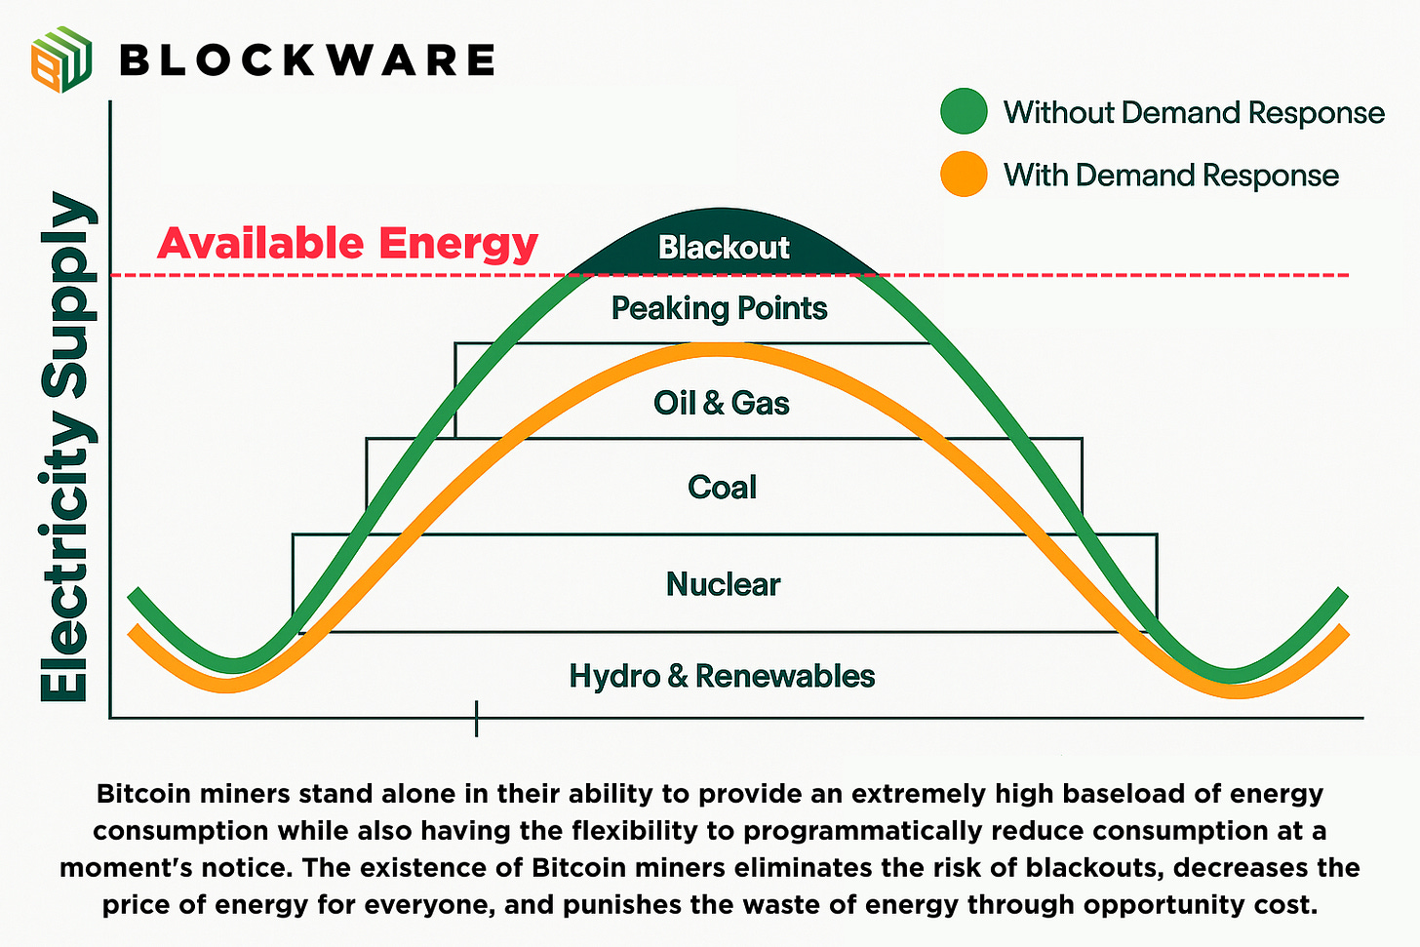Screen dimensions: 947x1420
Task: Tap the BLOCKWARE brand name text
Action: pos(306,60)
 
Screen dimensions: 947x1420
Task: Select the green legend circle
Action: pos(964,111)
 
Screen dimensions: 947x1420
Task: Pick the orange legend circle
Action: pos(964,175)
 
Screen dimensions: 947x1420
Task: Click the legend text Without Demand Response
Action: pos(1194,112)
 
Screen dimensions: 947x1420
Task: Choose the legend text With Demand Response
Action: pos(1170,176)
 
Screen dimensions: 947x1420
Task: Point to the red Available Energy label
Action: pos(347,243)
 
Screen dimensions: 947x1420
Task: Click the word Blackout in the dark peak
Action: pos(723,248)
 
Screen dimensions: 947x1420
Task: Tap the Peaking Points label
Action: pos(719,308)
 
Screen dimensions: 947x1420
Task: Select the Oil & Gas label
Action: pos(721,403)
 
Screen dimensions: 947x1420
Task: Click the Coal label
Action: pos(722,487)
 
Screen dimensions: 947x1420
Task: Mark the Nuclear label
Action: pos(723,584)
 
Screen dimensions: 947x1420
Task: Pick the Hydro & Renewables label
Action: pos(722,676)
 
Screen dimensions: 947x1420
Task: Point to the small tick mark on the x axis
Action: pos(476,719)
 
